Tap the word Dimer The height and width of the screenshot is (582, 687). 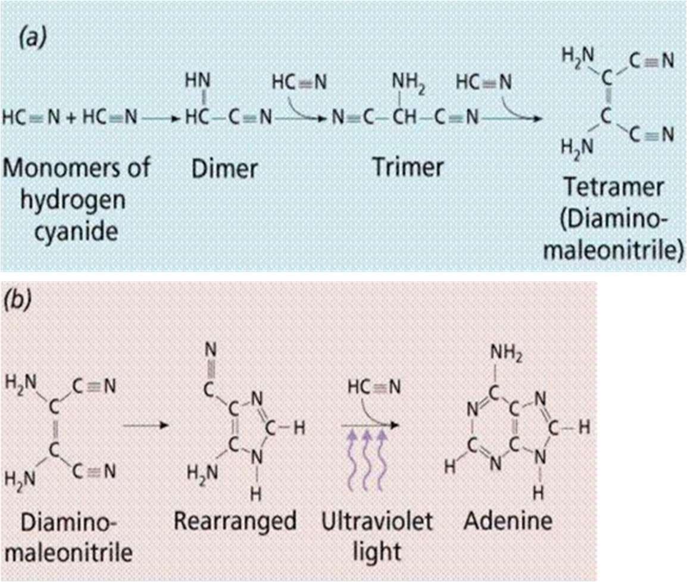(x=224, y=169)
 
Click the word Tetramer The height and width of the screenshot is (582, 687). (x=613, y=188)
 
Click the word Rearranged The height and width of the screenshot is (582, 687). (x=235, y=521)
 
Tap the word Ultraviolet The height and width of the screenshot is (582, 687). (x=377, y=521)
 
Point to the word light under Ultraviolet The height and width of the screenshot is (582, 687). (x=377, y=552)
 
